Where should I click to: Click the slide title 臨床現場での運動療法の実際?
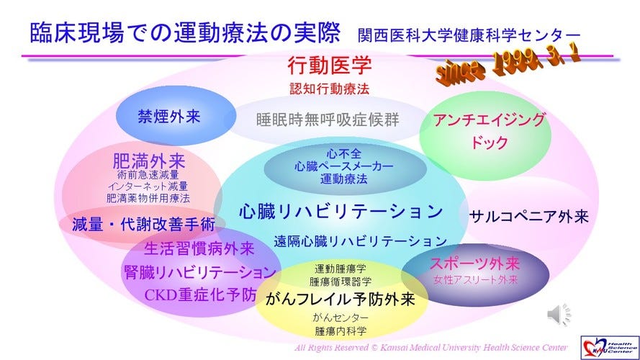pos(185,32)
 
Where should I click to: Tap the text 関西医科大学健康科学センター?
pos(469,35)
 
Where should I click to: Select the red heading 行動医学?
pos(330,66)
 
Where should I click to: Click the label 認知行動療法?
pos(330,89)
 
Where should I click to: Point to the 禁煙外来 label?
pos(169,117)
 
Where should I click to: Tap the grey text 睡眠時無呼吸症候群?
pos(328,120)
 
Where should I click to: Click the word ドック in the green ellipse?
pos(489,143)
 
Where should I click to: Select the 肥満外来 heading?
pos(149,161)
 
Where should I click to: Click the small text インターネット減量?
pos(148,186)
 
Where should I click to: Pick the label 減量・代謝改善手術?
pos(143,225)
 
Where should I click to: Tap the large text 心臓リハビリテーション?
pos(341,212)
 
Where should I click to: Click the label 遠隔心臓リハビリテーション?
pos(361,241)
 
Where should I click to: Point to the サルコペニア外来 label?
pos(529,216)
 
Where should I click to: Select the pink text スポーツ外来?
pos(474,264)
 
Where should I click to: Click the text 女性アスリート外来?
pos(476,280)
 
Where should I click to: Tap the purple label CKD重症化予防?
pos(200,294)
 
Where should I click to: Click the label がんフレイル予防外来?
pos(340,300)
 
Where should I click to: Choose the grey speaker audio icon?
pos(559,315)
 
